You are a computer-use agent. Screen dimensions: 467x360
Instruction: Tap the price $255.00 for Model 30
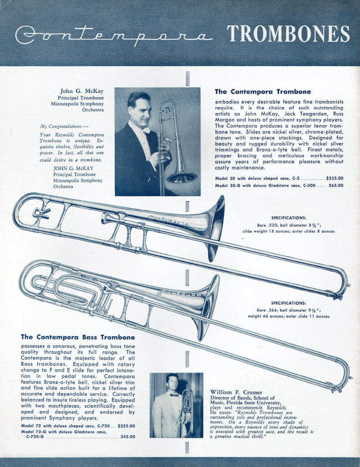point(335,178)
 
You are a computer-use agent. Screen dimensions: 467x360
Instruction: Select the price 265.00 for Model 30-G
point(336,186)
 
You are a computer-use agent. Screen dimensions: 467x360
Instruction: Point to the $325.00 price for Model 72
point(127,426)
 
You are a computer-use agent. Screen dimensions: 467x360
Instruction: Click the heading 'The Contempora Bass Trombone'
point(78,337)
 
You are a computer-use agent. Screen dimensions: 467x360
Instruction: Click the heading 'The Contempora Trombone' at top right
point(262,92)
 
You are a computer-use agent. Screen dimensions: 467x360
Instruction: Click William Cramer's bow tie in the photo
point(174,395)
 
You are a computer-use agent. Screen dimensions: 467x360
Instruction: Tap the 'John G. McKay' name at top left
point(85,91)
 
